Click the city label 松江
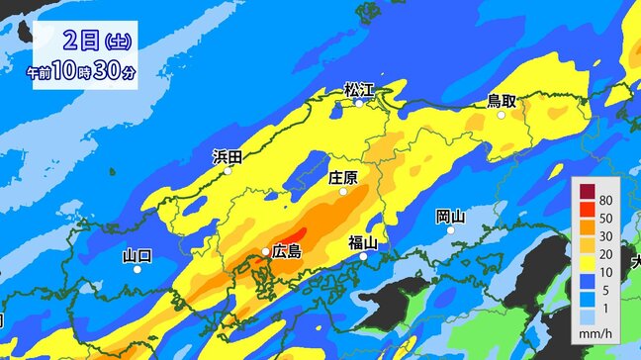[x=359, y=90]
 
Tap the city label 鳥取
[x=502, y=100]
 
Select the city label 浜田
[x=228, y=156]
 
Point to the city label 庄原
[x=342, y=178]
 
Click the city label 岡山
[x=450, y=216]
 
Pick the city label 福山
[x=363, y=242]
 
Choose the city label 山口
[x=137, y=256]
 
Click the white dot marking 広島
[x=266, y=252]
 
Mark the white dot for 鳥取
[x=502, y=115]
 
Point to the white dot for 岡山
[x=450, y=230]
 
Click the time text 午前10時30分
[x=82, y=71]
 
